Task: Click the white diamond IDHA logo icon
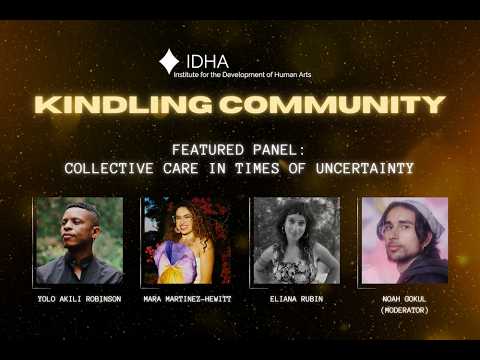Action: tap(169, 61)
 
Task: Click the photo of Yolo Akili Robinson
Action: tap(79, 240)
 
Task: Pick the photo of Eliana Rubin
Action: tap(295, 240)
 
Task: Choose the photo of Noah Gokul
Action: tap(404, 240)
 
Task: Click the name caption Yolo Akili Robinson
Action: tap(79, 298)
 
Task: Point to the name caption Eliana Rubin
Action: tap(295, 298)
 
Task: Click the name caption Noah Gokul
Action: tap(404, 298)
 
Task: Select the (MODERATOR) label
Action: tap(404, 310)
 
